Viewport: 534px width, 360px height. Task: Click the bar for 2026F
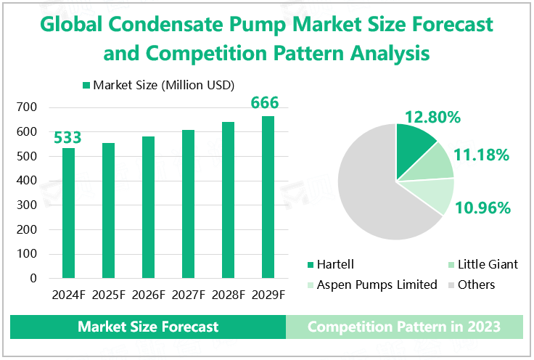pos(148,207)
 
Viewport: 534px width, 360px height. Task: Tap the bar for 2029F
pos(268,197)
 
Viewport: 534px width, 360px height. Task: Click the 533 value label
pos(67,138)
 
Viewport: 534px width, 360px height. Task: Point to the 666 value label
pos(265,103)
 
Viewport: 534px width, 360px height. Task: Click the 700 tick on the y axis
pos(27,107)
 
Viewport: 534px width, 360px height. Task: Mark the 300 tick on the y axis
pos(27,205)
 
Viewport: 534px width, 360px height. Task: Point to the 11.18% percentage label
pos(482,154)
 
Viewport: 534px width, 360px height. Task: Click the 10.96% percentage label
pos(482,208)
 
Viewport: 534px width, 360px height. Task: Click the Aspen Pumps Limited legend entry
pos(377,285)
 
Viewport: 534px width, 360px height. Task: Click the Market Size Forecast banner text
pos(148,327)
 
